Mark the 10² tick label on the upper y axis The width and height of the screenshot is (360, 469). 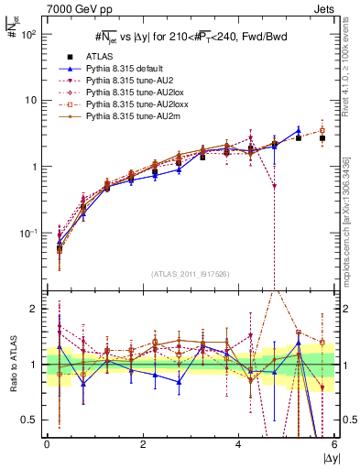[x=28, y=34]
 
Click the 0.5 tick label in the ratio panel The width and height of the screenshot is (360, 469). [x=31, y=420]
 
